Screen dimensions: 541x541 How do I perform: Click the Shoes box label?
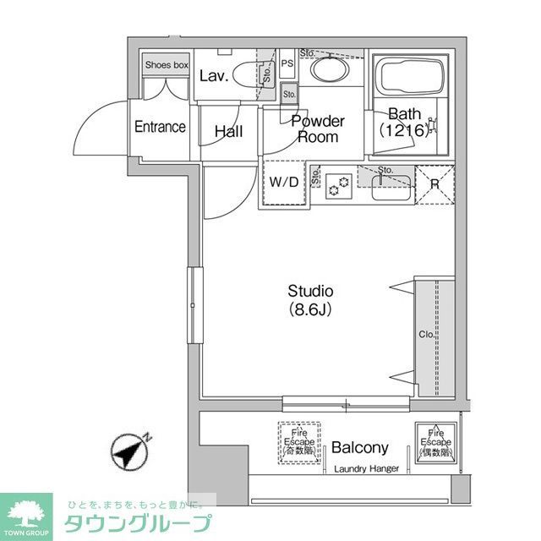(x=166, y=64)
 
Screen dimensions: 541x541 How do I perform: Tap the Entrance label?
(x=160, y=127)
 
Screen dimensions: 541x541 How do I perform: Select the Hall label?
(x=228, y=132)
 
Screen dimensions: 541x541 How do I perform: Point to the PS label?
(x=287, y=63)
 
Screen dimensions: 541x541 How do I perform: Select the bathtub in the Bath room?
(x=410, y=77)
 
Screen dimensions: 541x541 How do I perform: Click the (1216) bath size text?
(x=404, y=131)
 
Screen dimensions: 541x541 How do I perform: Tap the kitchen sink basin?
(x=391, y=187)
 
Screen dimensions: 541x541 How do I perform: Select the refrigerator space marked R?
(x=434, y=183)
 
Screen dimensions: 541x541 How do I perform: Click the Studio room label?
(x=310, y=292)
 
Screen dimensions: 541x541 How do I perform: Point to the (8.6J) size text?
(x=310, y=309)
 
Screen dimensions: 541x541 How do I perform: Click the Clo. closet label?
(x=426, y=335)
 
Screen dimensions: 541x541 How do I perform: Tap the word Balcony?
(x=359, y=448)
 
